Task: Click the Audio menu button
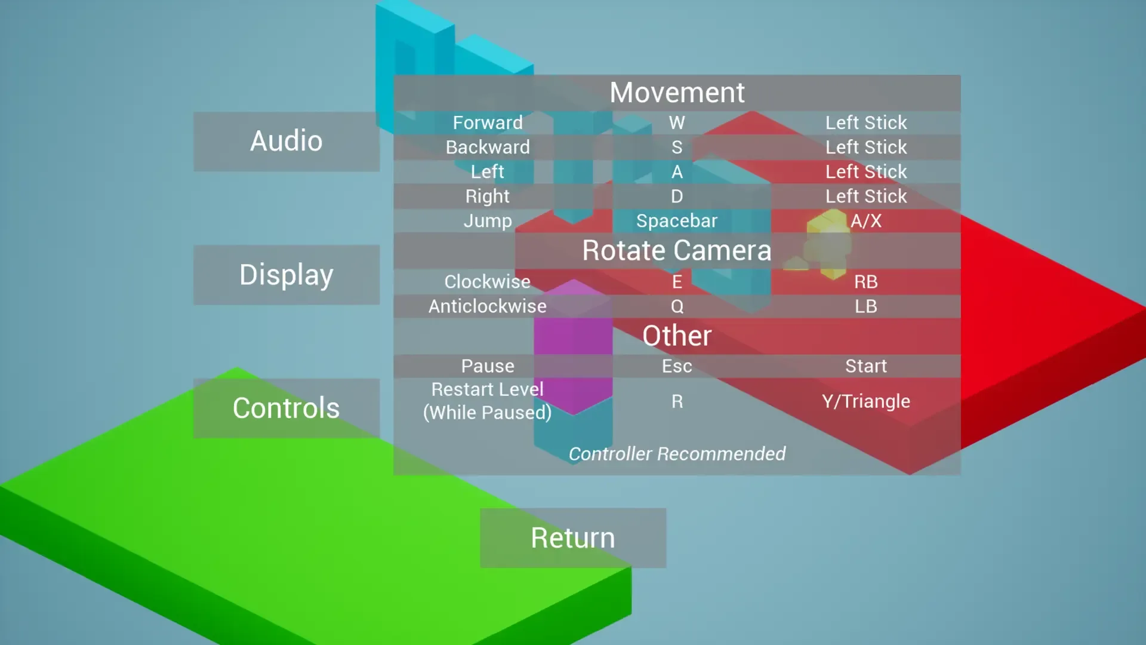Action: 286,142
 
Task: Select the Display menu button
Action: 286,275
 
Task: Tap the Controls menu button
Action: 286,408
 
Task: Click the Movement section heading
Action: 677,93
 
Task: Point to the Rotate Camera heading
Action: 677,250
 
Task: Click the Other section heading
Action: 677,336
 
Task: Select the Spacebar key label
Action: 677,221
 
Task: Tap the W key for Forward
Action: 677,123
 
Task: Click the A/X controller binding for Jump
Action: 865,221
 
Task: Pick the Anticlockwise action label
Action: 488,306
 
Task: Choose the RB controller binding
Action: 865,282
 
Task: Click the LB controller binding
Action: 865,306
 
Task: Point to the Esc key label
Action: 677,366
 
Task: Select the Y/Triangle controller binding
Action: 865,401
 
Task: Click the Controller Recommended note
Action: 677,454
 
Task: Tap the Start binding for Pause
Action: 865,366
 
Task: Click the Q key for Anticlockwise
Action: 677,306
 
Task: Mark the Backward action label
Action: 488,148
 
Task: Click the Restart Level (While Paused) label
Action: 488,401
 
